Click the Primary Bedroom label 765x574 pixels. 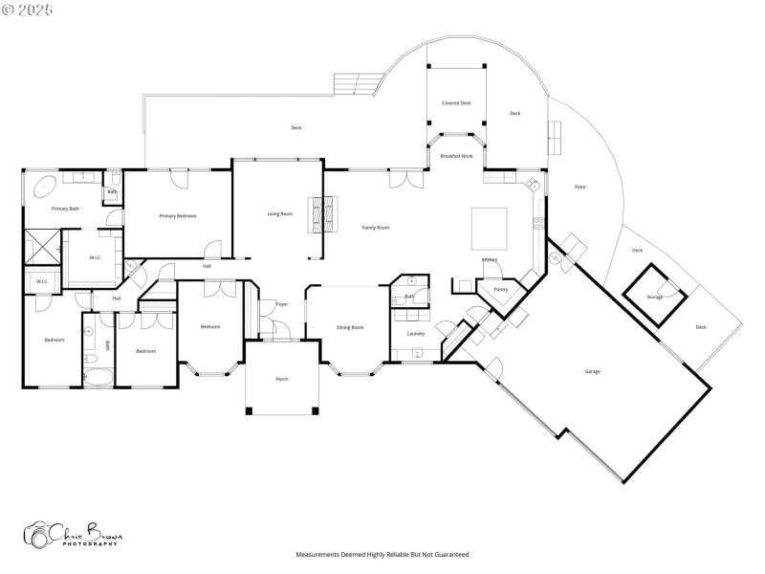pos(178,216)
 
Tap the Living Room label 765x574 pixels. pos(280,213)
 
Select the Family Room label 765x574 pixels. pos(375,228)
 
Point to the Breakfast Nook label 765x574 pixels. pos(456,155)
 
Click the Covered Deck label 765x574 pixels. pos(456,102)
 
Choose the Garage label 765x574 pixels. pos(593,371)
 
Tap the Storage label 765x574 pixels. pos(654,298)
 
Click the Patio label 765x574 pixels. pos(579,187)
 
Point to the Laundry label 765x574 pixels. pos(416,334)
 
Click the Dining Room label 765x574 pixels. pos(350,328)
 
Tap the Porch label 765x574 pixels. pos(282,380)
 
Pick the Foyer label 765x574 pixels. pos(282,304)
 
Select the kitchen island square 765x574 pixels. pos(489,227)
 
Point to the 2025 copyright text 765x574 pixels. pos(28,10)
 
